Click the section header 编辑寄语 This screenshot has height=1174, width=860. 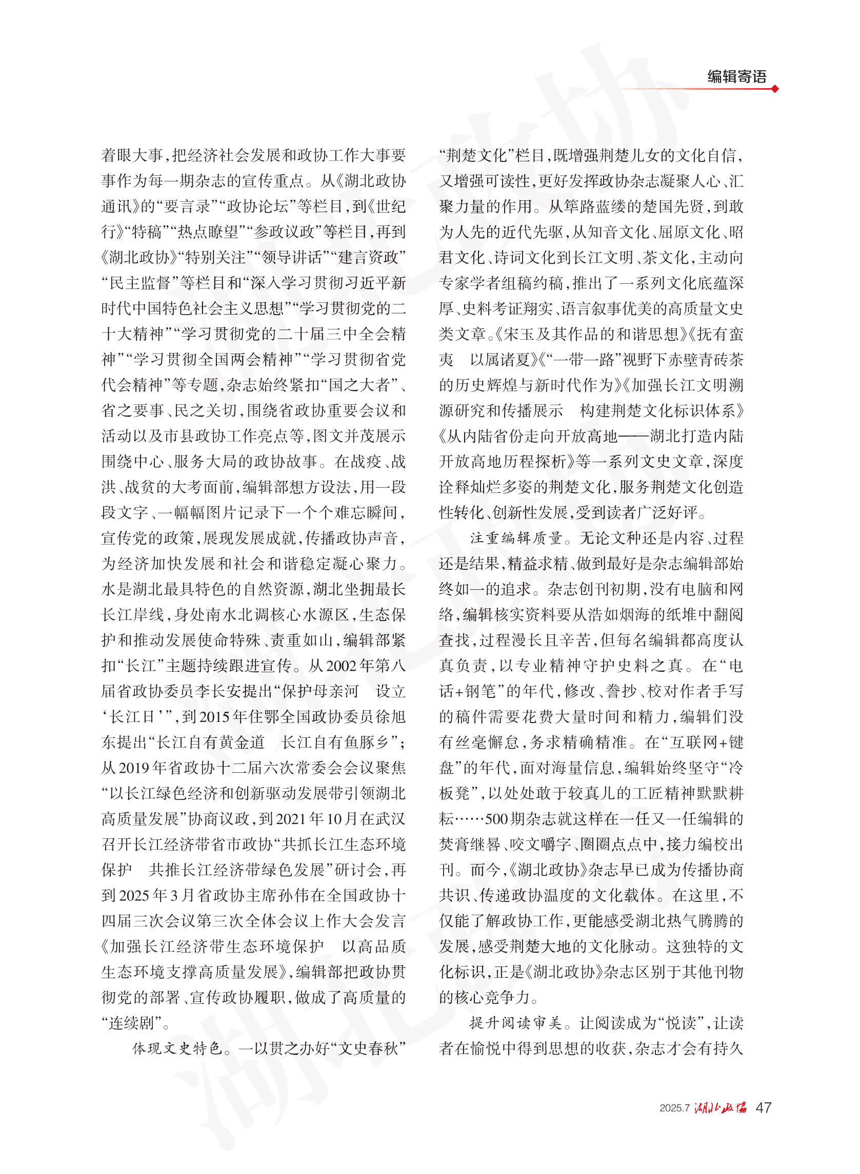click(736, 76)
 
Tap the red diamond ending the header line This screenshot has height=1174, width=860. click(775, 89)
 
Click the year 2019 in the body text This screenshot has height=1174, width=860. click(135, 768)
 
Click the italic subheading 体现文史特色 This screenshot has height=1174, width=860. click(177, 1048)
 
